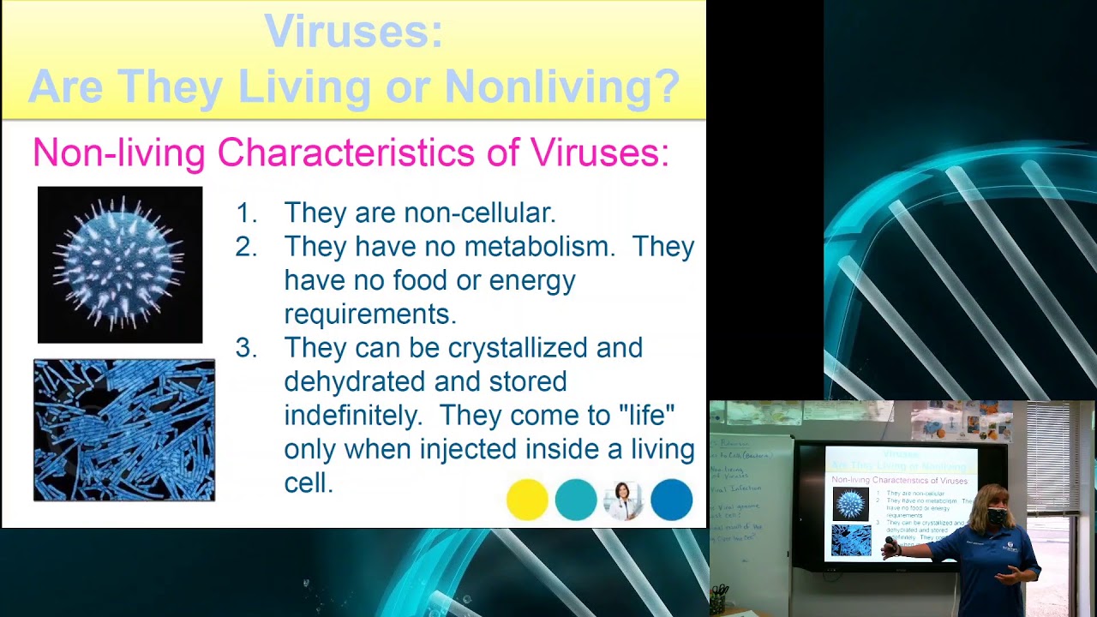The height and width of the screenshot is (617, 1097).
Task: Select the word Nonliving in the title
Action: pyautogui.click(x=561, y=86)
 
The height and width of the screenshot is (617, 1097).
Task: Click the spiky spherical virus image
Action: pyautogui.click(x=120, y=264)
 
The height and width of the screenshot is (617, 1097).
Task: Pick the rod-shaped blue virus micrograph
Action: pyautogui.click(x=124, y=429)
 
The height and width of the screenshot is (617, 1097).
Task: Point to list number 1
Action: pyautogui.click(x=246, y=213)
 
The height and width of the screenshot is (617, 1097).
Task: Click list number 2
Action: pyautogui.click(x=246, y=247)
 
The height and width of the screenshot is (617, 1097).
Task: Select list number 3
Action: pyautogui.click(x=246, y=348)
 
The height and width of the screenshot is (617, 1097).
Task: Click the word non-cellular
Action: pyautogui.click(x=479, y=213)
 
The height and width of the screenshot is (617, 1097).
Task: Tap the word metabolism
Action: pyautogui.click(x=540, y=247)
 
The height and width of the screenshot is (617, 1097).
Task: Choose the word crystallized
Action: pyautogui.click(x=545, y=348)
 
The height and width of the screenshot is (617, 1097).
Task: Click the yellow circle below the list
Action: pyautogui.click(x=527, y=500)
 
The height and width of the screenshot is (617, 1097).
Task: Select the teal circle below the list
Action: pyautogui.click(x=576, y=500)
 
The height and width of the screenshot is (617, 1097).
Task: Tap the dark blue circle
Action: pyautogui.click(x=671, y=500)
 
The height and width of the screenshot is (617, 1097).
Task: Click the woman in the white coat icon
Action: pyautogui.click(x=623, y=500)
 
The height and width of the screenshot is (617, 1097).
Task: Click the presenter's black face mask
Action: pyautogui.click(x=996, y=517)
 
